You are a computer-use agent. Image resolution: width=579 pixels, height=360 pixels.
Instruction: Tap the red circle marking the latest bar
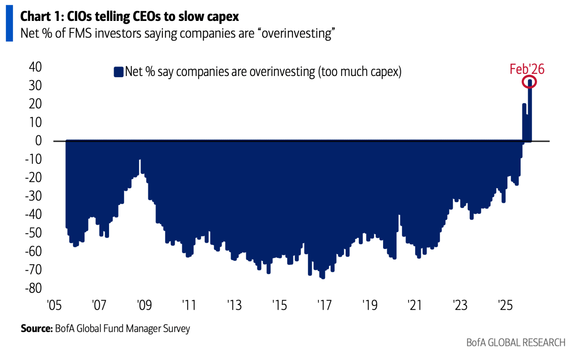[529, 82]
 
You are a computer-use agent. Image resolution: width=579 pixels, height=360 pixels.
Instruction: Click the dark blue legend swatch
[118, 72]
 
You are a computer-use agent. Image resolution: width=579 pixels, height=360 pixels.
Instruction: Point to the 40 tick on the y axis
[35, 67]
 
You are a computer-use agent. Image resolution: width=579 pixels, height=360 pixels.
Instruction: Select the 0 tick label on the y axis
[39, 141]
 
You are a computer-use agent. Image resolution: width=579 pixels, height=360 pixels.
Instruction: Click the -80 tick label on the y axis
[33, 288]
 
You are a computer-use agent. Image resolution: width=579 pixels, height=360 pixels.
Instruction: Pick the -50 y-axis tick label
[33, 233]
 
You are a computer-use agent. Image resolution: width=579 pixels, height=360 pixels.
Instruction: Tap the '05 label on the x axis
[54, 305]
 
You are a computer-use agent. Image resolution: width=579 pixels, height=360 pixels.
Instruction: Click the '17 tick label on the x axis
[324, 305]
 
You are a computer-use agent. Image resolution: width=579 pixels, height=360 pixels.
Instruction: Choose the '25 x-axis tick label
[505, 305]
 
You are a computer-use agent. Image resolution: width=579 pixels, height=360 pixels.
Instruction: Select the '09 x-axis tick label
[144, 305]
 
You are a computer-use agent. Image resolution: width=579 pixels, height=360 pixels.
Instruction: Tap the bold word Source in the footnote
[37, 329]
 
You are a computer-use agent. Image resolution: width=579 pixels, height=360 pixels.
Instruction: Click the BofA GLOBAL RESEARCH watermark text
[515, 343]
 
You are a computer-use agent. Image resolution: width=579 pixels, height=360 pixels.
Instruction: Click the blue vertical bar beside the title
[9, 23]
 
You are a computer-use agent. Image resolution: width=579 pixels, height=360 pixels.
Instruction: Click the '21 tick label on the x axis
[415, 305]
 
